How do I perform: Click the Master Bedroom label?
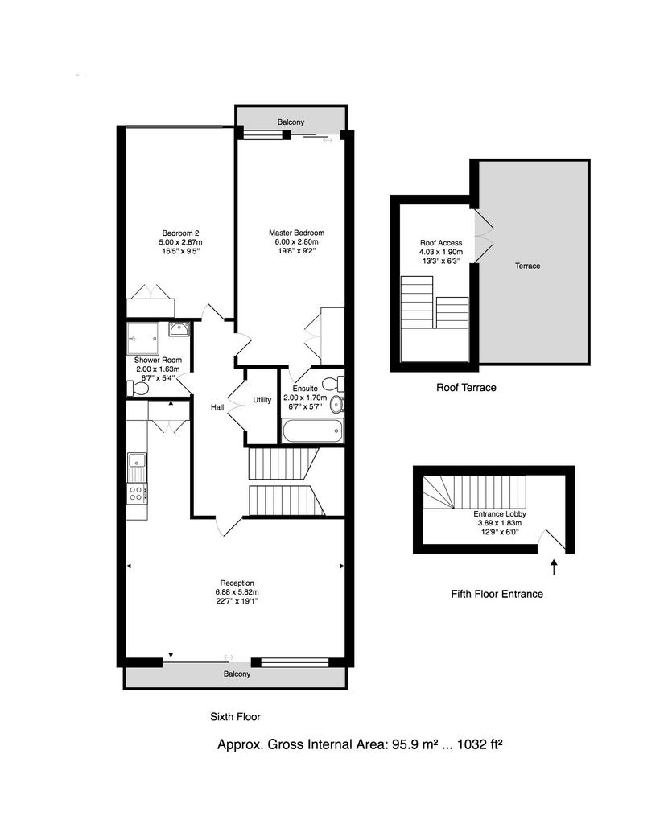pos(296,233)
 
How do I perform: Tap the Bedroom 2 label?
pos(180,233)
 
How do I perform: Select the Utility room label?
pos(262,400)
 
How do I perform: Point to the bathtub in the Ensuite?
pos(312,431)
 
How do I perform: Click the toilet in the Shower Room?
pos(138,389)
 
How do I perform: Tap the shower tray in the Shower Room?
pos(142,339)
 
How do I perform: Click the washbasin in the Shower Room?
pos(179,329)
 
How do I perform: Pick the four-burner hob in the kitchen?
pos(136,492)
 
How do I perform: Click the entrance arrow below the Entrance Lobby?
pos(554,567)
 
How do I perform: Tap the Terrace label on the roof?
pos(527,266)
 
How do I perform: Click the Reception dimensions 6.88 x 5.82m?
pos(237,592)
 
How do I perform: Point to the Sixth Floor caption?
pos(236,716)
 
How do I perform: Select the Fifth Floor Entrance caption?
pos(497,594)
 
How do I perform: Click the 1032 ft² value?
pos(480,744)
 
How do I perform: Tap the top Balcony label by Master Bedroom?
pos(291,122)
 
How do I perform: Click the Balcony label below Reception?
pos(237,674)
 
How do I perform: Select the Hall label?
pos(217,407)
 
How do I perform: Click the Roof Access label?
pos(441,243)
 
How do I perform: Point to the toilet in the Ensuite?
pos(333,384)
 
